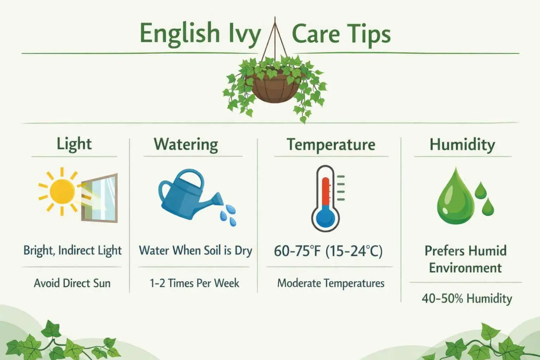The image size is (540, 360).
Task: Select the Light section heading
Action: pos(74,144)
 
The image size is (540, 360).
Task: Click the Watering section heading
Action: pos(186,144)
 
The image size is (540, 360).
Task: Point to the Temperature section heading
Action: pos(331,144)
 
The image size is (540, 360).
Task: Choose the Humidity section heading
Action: pos(462,144)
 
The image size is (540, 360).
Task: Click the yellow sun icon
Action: pos(62,191)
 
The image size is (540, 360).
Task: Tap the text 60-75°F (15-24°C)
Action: pos(328,251)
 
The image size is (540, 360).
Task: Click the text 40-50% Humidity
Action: pos(467,298)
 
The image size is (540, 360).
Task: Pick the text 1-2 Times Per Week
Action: pos(194,283)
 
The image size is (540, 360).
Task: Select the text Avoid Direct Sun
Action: pos(72,283)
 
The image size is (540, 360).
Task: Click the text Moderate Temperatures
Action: pos(331,283)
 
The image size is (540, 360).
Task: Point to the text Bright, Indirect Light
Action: pos(72,251)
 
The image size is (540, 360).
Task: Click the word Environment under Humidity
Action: pos(465,268)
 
